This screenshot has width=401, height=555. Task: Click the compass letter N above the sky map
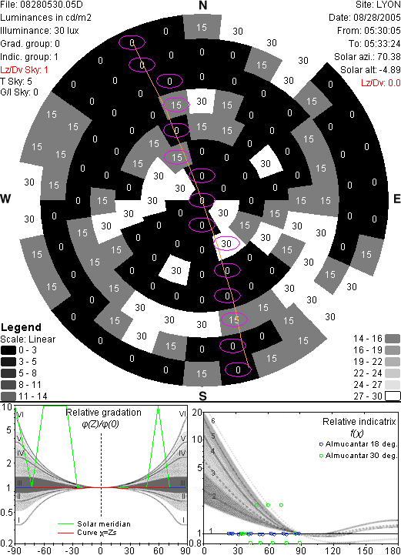202,5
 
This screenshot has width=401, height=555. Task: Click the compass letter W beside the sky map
5,199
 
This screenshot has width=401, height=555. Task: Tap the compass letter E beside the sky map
396,199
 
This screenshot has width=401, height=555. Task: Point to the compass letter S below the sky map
202,396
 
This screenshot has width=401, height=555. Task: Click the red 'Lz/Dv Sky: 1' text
24,70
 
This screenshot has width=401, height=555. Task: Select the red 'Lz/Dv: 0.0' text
381,83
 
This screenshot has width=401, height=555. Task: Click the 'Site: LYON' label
378,5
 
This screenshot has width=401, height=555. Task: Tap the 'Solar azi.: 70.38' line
367,57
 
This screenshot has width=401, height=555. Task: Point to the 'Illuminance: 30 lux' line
39,31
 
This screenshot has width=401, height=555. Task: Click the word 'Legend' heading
22,327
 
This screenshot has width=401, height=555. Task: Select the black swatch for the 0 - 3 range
8,350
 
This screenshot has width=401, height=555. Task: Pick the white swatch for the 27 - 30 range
393,396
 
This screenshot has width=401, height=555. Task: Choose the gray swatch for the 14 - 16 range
393,339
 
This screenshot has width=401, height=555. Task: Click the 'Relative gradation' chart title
104,413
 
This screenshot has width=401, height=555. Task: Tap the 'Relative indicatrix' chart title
359,422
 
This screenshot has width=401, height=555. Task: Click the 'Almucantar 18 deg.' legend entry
358,444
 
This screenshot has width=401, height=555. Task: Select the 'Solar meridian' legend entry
94,524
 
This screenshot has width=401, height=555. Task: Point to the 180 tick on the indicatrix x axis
393,550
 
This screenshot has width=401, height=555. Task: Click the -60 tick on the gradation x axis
44,550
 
